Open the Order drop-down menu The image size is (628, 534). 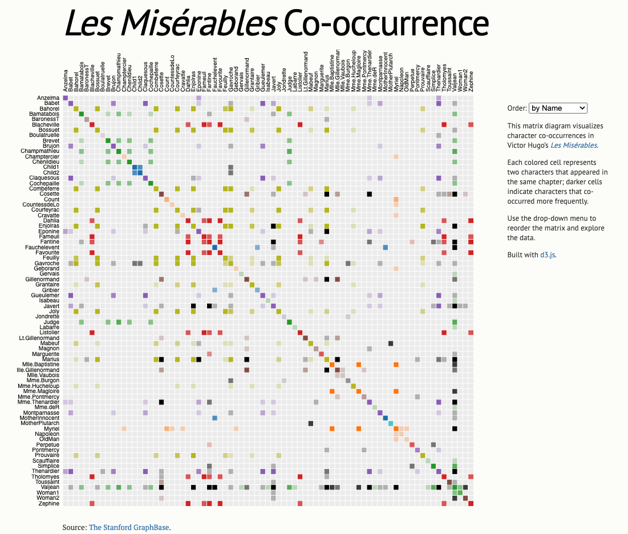(557, 108)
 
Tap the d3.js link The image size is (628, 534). (547, 254)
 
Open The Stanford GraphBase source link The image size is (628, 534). (129, 527)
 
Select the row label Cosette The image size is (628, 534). (49, 194)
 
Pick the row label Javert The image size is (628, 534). (51, 306)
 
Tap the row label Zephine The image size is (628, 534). (49, 503)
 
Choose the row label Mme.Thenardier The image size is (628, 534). (40, 402)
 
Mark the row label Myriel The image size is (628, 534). (51, 428)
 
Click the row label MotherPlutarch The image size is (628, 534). (40, 423)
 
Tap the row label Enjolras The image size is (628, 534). (49, 226)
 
